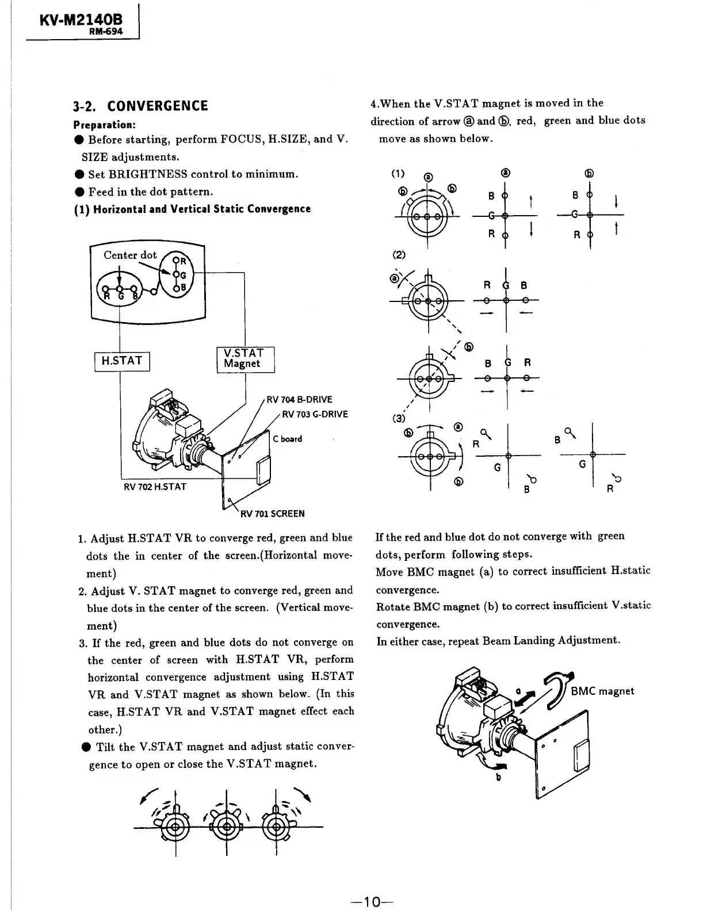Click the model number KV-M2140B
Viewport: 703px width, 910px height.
81,21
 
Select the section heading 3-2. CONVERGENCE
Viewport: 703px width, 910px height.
140,106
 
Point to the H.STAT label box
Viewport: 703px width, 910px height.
121,361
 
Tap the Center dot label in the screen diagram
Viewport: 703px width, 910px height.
130,255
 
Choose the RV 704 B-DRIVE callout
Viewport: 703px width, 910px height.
300,400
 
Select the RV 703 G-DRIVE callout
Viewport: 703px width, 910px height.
315,414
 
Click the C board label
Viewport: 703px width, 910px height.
288,439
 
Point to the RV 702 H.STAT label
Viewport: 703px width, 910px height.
155,487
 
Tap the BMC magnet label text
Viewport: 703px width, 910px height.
602,691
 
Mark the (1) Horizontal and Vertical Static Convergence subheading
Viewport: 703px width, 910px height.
192,209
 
